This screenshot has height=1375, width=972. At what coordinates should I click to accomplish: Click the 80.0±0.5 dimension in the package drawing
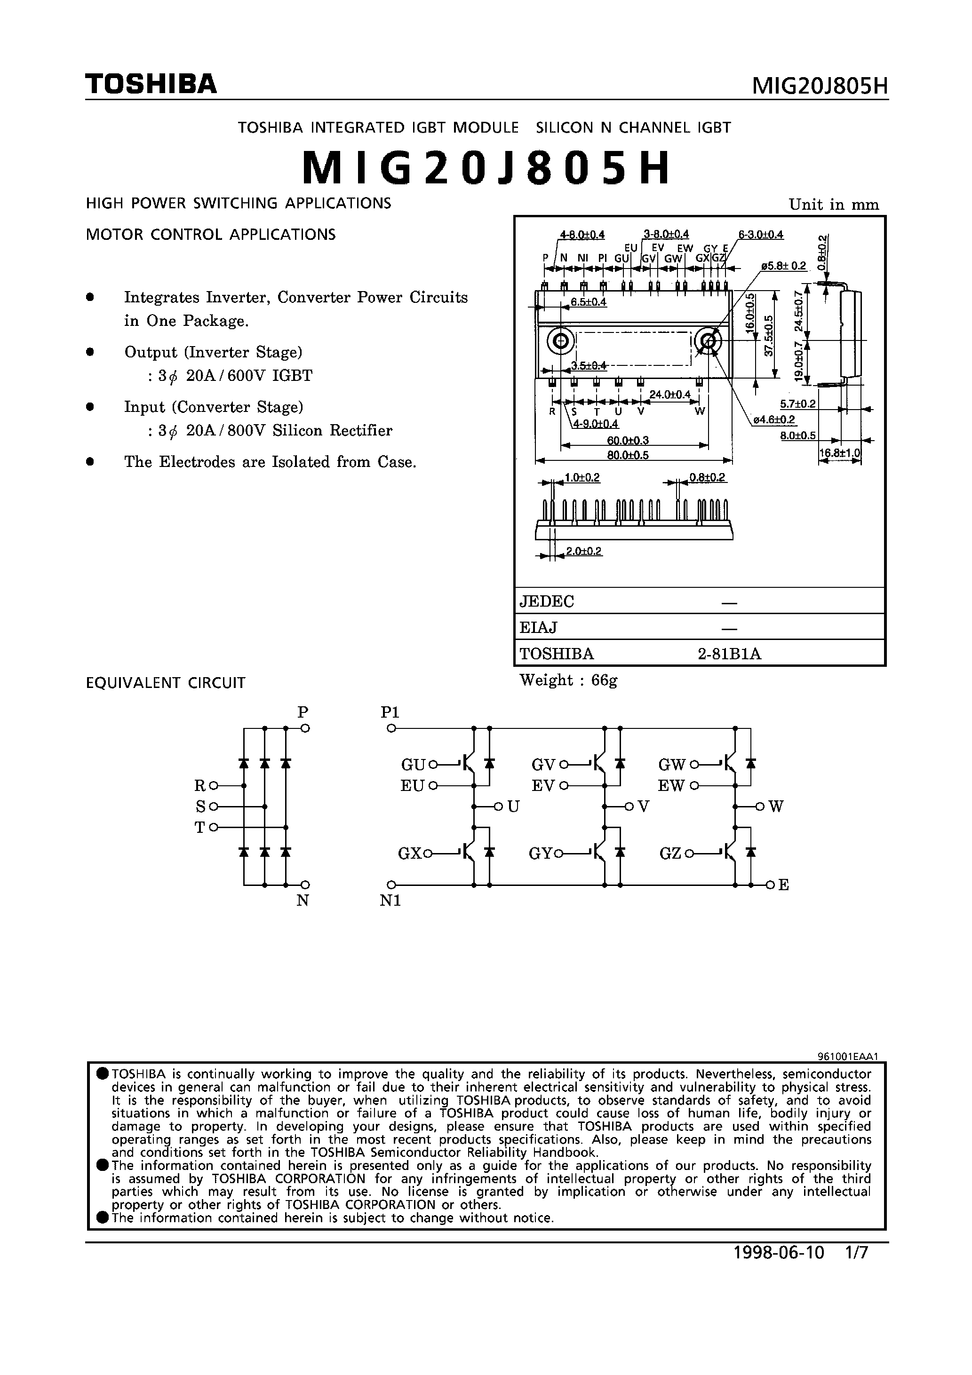click(628, 455)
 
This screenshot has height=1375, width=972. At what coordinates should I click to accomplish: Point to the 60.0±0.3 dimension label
click(628, 441)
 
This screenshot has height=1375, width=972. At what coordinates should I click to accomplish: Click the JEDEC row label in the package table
click(547, 601)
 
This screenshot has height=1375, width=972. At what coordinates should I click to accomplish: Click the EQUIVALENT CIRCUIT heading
click(166, 683)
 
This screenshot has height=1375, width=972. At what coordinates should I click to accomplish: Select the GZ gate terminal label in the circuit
click(670, 853)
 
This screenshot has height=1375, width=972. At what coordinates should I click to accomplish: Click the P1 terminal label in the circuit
click(390, 712)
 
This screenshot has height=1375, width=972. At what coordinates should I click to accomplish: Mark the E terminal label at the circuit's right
click(783, 885)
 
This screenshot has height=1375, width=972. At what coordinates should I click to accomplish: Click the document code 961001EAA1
click(847, 1057)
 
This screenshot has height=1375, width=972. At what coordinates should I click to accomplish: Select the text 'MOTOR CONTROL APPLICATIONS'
click(211, 235)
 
